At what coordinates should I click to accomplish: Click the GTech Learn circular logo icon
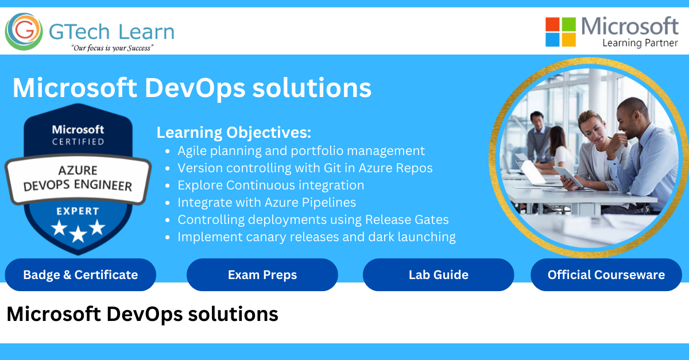click(24, 32)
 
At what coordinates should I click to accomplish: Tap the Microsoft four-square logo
click(560, 32)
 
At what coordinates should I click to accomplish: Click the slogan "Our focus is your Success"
click(112, 48)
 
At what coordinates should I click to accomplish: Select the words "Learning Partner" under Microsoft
click(640, 43)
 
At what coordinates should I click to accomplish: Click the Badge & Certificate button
click(80, 275)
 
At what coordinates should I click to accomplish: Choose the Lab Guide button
click(438, 275)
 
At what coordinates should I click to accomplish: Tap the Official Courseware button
click(606, 275)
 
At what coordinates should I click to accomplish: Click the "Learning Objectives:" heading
click(234, 133)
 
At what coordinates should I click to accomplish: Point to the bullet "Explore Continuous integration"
click(270, 185)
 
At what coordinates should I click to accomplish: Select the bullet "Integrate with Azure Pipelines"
click(266, 203)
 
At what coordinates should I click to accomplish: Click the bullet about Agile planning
click(301, 151)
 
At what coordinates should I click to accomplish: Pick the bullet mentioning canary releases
click(316, 237)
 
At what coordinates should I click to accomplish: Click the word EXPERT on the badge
click(78, 211)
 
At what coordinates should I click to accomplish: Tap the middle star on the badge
click(78, 233)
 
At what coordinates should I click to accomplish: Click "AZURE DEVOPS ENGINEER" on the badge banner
click(78, 179)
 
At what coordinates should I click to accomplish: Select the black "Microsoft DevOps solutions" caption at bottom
click(142, 314)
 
